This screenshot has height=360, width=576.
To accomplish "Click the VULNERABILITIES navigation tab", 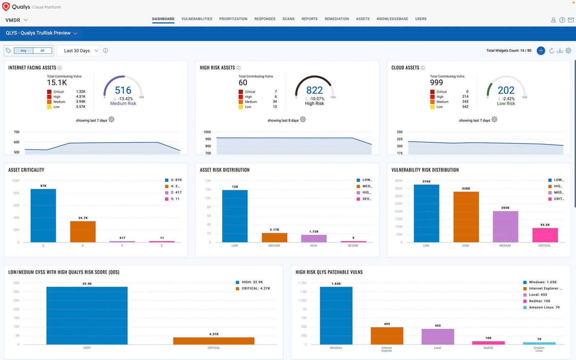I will (197, 19).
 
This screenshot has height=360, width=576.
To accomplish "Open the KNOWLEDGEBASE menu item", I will (392, 19).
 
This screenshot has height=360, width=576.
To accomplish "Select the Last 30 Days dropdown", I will (81, 51).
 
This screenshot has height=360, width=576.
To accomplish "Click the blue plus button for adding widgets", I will (541, 51).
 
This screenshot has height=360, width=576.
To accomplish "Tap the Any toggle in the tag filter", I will (23, 51).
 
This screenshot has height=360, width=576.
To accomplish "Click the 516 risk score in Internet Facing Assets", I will (123, 90).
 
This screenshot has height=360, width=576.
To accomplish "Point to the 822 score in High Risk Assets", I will (314, 90).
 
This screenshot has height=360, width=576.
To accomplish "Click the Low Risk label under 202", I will (506, 103).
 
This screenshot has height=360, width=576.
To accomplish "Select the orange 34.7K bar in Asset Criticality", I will (83, 231).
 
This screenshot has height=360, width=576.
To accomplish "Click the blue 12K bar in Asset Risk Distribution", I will (235, 216).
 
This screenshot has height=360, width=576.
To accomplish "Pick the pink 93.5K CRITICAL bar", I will (545, 235).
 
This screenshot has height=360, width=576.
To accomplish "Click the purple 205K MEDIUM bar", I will (505, 226).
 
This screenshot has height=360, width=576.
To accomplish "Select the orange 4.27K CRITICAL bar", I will (213, 341).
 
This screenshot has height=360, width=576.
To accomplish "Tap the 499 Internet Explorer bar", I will (387, 336).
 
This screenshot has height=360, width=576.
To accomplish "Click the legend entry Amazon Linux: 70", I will (544, 307).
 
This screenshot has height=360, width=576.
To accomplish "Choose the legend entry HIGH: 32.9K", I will (252, 282).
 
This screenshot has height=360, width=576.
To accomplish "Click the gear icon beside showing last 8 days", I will (303, 120).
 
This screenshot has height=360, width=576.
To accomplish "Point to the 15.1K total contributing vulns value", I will (57, 83).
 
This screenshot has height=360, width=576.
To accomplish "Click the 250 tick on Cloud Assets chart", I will (400, 132).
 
